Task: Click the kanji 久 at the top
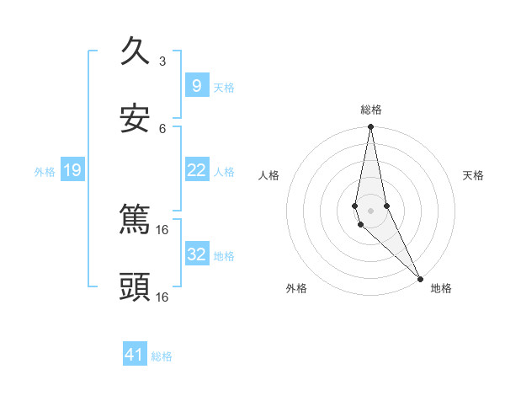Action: click(136, 52)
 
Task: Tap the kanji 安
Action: click(136, 119)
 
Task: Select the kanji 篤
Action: click(136, 220)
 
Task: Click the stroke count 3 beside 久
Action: click(162, 61)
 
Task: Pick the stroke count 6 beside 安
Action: click(162, 128)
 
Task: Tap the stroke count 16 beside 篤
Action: click(162, 229)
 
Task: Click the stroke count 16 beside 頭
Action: click(162, 297)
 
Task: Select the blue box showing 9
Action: click(196, 86)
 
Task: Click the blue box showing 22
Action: click(196, 170)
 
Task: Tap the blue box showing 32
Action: click(196, 254)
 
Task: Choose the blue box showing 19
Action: click(72, 171)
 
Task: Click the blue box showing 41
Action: click(135, 356)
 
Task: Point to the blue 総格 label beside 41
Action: click(162, 356)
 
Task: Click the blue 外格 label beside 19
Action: click(45, 172)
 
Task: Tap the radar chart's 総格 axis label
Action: click(371, 110)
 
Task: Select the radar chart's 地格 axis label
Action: click(441, 288)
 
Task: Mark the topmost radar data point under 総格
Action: click(370, 127)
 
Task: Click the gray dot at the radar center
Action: click(370, 211)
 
